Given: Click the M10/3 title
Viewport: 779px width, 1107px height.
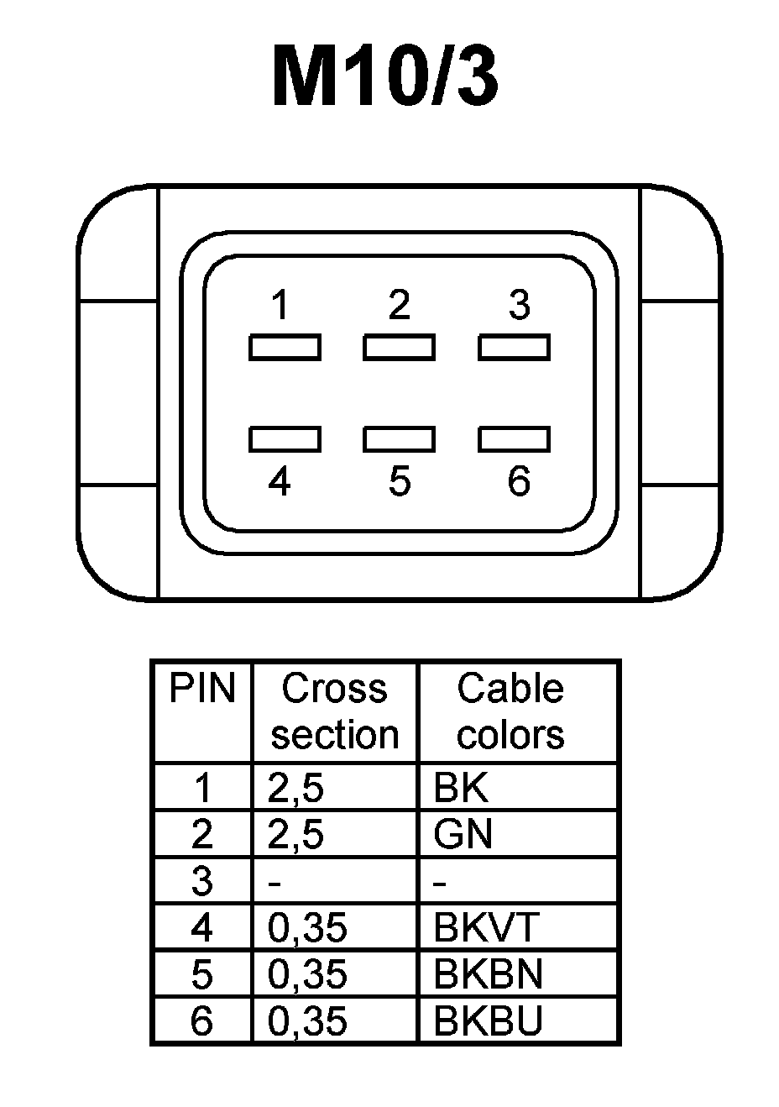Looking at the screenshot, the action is pyautogui.click(x=386, y=78).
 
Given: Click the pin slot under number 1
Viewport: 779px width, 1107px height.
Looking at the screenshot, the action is pyautogui.click(x=284, y=347).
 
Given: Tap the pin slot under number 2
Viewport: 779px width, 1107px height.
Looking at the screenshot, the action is pyautogui.click(x=399, y=347).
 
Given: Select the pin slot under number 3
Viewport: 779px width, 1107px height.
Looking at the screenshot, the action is pyautogui.click(x=514, y=347).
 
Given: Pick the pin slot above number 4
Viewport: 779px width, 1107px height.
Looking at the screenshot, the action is pyautogui.click(x=284, y=438).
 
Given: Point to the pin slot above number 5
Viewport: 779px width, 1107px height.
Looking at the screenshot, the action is pyautogui.click(x=399, y=438).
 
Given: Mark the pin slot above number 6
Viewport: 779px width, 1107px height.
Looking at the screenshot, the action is pyautogui.click(x=514, y=438).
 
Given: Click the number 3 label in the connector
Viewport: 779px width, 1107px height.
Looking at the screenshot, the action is pyautogui.click(x=520, y=305).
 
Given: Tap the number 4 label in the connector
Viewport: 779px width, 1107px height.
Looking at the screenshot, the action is pyautogui.click(x=280, y=481).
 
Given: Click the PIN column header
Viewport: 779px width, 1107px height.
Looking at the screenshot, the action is pyautogui.click(x=202, y=689).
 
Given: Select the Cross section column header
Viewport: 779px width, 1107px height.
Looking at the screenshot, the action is pyautogui.click(x=334, y=711).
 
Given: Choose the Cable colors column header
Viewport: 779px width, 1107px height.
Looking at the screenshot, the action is pyautogui.click(x=510, y=711).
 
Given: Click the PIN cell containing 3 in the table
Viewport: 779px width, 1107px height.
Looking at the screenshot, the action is pyautogui.click(x=202, y=881).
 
